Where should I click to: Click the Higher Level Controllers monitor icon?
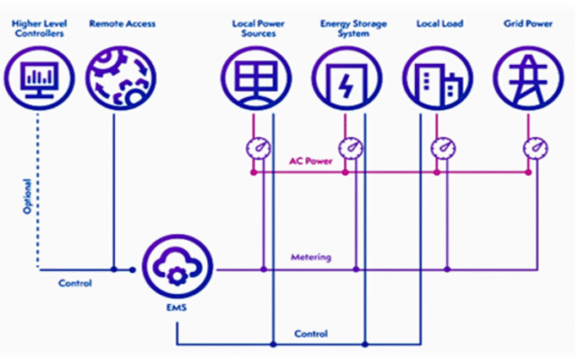point(40,78)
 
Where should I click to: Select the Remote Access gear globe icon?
point(121,78)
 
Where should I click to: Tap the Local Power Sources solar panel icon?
point(257,78)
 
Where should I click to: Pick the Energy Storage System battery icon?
point(347,78)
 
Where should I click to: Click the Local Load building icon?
point(438,78)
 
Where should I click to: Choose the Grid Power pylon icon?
point(528,78)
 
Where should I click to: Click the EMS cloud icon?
point(177,266)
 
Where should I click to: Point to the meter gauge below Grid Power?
point(536,148)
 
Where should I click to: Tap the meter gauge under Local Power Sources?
point(258,148)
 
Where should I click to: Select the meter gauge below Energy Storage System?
point(351,148)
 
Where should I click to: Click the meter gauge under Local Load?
point(444,148)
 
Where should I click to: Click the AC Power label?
point(311,161)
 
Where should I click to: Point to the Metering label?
point(312,257)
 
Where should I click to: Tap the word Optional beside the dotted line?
point(27,196)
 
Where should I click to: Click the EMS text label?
point(176,307)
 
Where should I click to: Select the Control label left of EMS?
point(76,283)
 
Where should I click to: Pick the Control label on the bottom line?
point(312,334)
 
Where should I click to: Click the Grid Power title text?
point(528,23)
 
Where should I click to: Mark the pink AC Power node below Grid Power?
point(528,172)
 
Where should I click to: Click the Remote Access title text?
point(122,23)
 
